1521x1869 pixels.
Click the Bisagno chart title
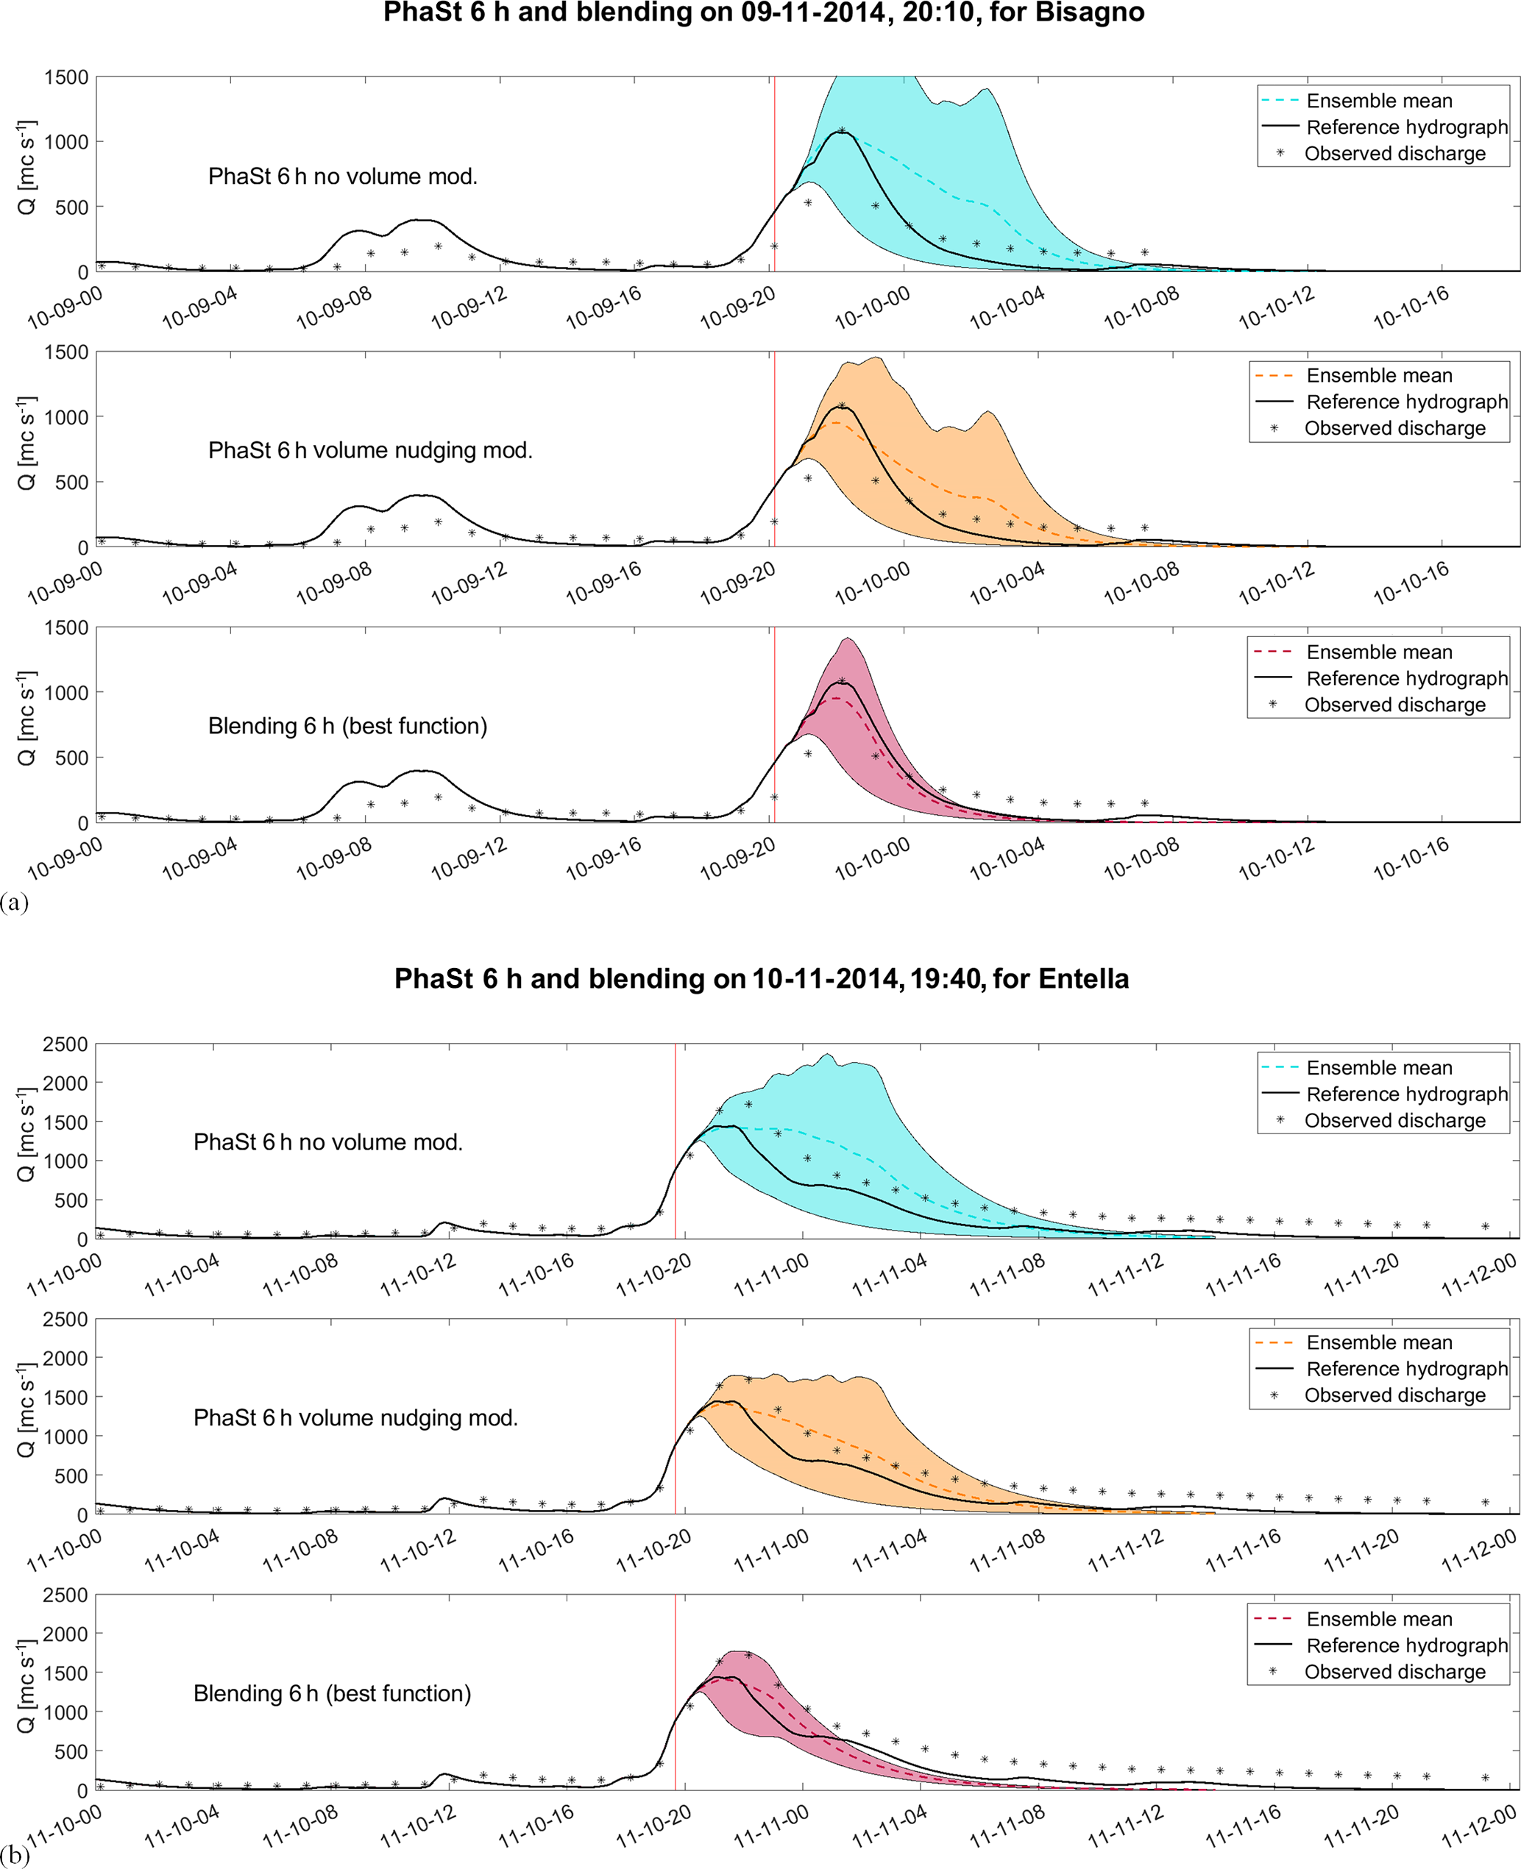click(763, 13)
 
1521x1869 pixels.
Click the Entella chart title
click(762, 978)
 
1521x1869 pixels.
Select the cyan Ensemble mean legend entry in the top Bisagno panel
click(1379, 101)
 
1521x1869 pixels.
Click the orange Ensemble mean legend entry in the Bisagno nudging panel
click(1379, 376)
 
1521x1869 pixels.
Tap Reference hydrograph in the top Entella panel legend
click(1406, 1094)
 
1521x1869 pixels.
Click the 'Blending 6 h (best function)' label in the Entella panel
click(332, 1693)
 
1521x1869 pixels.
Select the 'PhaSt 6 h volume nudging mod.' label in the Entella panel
click(355, 1417)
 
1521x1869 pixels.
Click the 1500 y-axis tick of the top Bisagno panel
click(66, 77)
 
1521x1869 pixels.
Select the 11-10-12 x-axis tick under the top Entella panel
click(418, 1276)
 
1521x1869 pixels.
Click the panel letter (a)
click(15, 902)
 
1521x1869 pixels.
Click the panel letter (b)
click(15, 1855)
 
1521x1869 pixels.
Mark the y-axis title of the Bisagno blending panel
click(26, 718)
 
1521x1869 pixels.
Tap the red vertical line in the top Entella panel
click(676, 1139)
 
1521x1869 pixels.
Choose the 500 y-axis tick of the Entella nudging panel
click(72, 1475)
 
